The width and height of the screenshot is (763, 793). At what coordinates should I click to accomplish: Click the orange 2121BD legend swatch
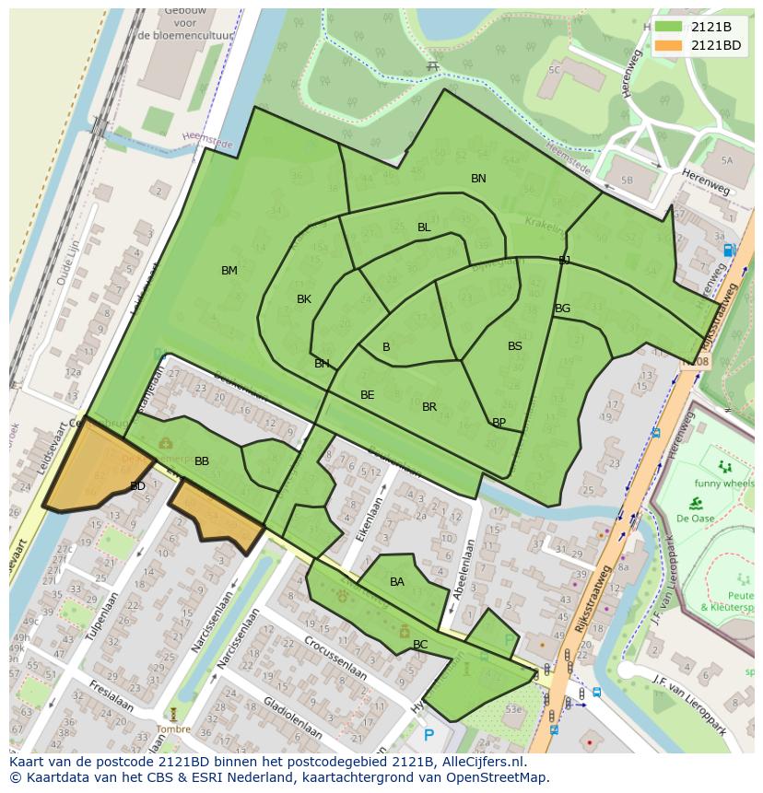click(x=669, y=45)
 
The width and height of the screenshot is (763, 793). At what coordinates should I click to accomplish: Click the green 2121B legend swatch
click(x=669, y=27)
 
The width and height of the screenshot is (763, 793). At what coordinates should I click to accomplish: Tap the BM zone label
click(x=229, y=271)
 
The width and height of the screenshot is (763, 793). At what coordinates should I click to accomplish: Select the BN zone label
click(x=478, y=179)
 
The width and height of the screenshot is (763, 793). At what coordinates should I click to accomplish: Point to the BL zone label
click(x=424, y=227)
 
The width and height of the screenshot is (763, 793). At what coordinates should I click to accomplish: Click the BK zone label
click(x=304, y=299)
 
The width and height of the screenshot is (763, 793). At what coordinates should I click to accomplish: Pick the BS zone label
click(x=515, y=346)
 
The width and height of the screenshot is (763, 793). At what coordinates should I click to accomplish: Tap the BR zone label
click(x=429, y=407)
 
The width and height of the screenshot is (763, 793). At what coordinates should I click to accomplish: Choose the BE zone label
click(x=368, y=395)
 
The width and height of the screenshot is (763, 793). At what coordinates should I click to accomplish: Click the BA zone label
click(x=397, y=582)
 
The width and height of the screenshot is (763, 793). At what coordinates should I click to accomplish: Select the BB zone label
click(x=202, y=461)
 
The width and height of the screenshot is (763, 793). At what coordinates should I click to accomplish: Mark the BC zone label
click(x=420, y=645)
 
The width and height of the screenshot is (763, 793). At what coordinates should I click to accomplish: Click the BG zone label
click(x=563, y=309)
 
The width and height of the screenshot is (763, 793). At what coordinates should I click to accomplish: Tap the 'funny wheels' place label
click(x=725, y=484)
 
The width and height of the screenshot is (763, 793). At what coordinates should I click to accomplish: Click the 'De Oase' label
click(x=696, y=519)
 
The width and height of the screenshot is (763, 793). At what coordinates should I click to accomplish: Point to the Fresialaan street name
click(x=110, y=697)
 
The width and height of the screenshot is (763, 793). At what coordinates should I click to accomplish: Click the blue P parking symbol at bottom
click(x=428, y=735)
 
